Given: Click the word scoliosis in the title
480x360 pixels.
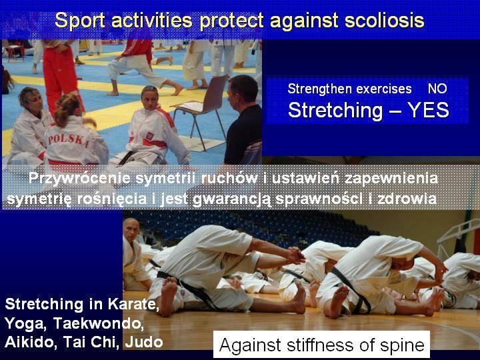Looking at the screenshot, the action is [384, 21].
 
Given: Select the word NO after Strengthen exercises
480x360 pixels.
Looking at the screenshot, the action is [437, 89].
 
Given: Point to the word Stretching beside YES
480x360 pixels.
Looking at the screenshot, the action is [335, 111].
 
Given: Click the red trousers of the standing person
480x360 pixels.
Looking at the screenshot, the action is [61, 77].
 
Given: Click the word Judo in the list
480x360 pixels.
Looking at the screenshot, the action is [144, 342].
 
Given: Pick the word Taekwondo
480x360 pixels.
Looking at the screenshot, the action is [98, 323].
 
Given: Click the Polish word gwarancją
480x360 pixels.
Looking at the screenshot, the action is [233, 199].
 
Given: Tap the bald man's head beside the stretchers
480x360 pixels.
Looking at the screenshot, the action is [131, 229].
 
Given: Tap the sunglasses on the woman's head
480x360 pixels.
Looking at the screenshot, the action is [150, 89].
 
